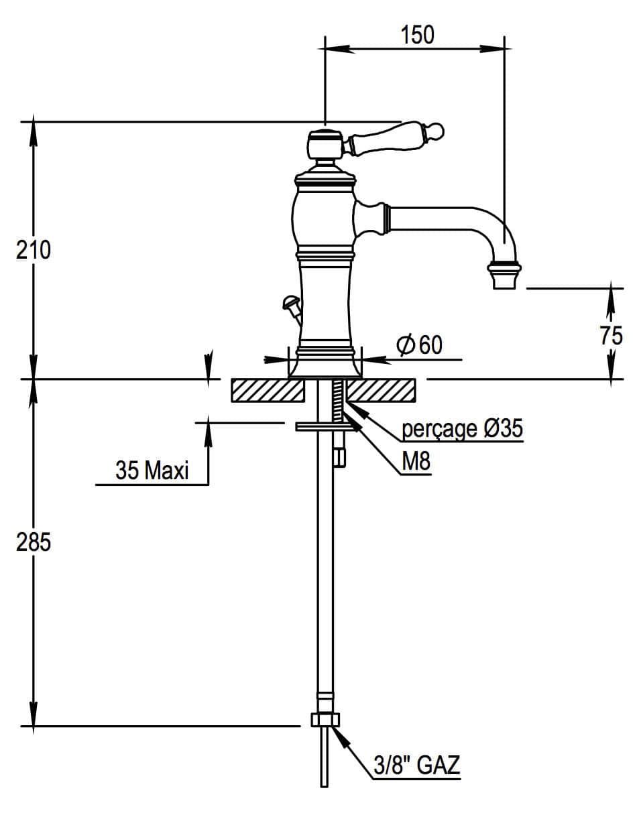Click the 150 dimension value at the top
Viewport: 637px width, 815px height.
pyautogui.click(x=418, y=34)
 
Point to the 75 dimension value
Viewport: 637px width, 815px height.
pyautogui.click(x=611, y=334)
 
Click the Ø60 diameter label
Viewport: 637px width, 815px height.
pyautogui.click(x=420, y=345)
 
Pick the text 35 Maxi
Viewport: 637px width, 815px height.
pyautogui.click(x=152, y=471)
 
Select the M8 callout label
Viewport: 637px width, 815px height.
pyautogui.click(x=416, y=462)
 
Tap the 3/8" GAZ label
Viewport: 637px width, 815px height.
pyautogui.click(x=416, y=764)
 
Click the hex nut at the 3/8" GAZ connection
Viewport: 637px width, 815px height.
pyautogui.click(x=325, y=720)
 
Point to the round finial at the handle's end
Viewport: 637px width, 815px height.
pyautogui.click(x=432, y=130)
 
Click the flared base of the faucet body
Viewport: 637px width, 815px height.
pyautogui.click(x=325, y=365)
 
